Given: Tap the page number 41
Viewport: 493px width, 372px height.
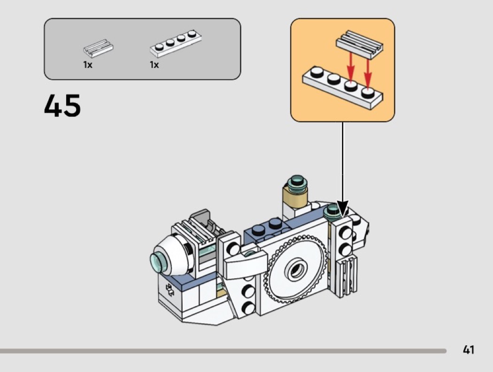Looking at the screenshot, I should pyautogui.click(x=468, y=350).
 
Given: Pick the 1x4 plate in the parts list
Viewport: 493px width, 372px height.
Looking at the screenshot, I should pyautogui.click(x=175, y=43).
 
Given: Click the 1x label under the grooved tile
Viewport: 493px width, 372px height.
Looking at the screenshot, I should pyautogui.click(x=88, y=65).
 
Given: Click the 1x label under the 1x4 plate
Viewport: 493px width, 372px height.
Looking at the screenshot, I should pyautogui.click(x=154, y=65).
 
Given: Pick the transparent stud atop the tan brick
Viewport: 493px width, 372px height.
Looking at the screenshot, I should pyautogui.click(x=297, y=181).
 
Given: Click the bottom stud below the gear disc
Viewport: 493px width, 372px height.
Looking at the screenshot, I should pyautogui.click(x=246, y=307).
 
